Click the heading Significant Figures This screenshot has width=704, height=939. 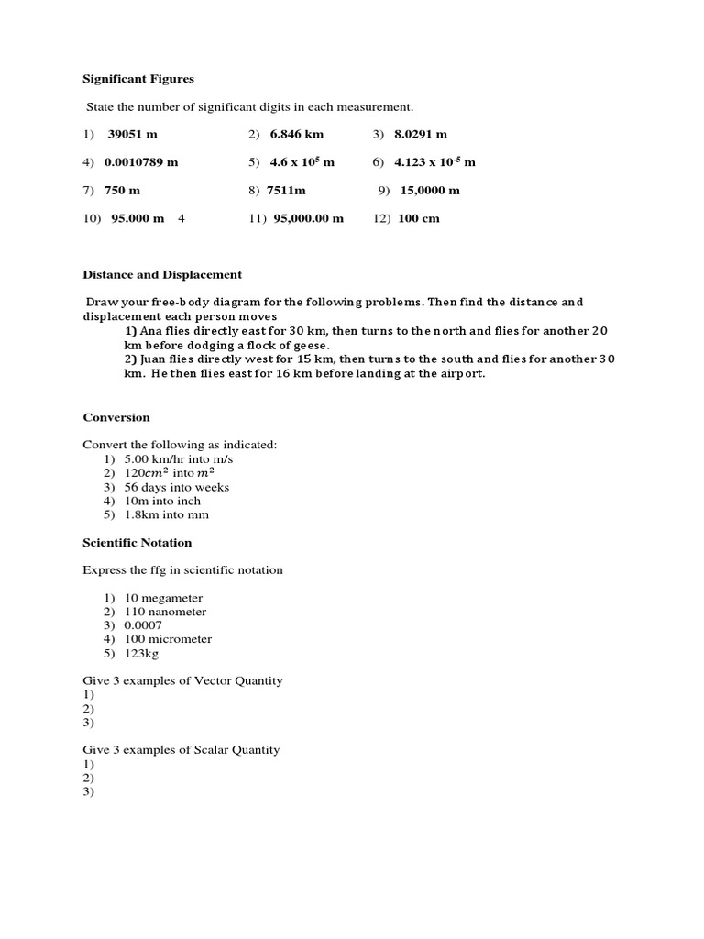coord(138,80)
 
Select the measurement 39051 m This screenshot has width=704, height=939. coord(133,135)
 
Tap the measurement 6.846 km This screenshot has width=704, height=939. coord(296,135)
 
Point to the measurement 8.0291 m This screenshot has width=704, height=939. coord(421,135)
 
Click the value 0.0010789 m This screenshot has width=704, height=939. coord(141,162)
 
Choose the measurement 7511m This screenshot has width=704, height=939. coord(286,191)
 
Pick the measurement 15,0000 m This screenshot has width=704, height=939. coord(430,191)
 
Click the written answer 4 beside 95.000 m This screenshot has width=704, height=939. coord(181,218)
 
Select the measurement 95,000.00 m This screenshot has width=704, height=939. coord(308,218)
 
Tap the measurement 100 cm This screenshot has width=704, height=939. coord(419,218)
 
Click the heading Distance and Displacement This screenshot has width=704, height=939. coord(162,274)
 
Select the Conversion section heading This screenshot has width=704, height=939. coord(115,417)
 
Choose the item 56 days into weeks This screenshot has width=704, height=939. coord(177,487)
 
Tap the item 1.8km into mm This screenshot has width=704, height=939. coord(167,514)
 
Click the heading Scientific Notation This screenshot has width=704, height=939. coord(137,543)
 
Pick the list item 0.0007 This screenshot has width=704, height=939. coord(143,625)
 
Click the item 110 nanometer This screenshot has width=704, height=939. coord(165,612)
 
